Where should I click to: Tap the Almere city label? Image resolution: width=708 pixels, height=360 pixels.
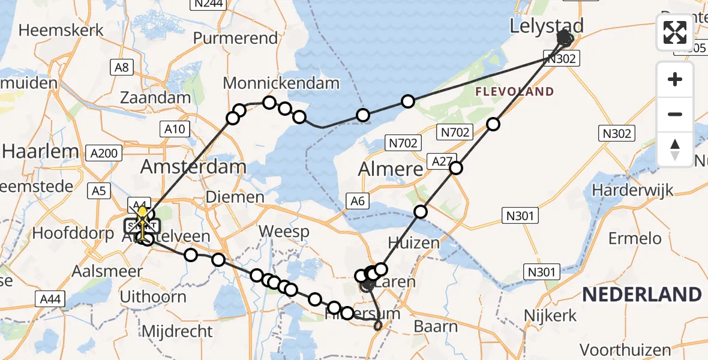point(390,169)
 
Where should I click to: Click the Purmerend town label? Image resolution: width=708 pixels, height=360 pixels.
point(235,38)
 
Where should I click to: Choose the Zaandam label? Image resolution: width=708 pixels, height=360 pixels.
point(155,97)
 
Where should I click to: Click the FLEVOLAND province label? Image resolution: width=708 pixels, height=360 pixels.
point(515,92)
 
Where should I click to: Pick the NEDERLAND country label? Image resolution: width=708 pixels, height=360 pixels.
point(641,295)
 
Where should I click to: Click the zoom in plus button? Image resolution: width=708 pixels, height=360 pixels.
point(675,79)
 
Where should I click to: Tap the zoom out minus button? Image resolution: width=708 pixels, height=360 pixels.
point(675,114)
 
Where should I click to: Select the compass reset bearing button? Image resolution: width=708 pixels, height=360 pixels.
point(675,148)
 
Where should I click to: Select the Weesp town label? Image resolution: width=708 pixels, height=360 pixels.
point(284,232)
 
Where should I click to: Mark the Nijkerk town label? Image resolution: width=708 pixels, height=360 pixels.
point(550,315)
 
